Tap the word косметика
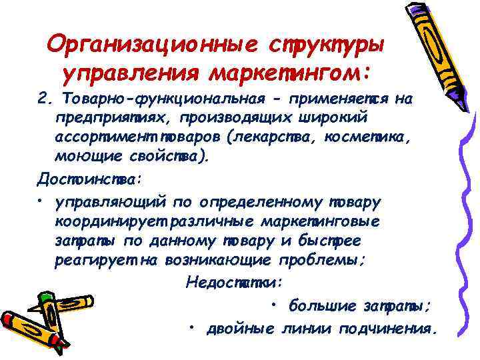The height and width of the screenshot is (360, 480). [385, 138]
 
